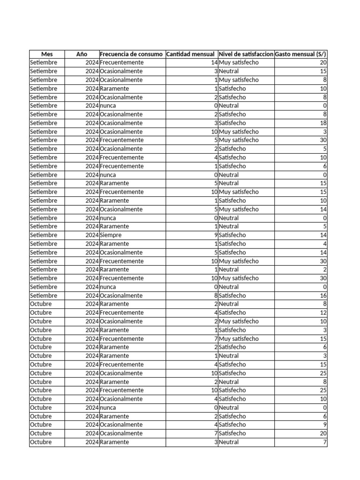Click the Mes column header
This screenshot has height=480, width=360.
tap(47, 54)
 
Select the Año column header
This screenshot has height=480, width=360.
tap(82, 54)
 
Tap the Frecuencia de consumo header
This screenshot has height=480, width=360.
tap(132, 54)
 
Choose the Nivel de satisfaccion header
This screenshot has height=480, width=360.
tap(246, 54)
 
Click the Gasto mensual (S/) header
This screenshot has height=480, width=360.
tap(300, 54)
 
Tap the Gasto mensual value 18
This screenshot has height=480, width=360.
tap(323, 123)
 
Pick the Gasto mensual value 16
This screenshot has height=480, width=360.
tap(323, 295)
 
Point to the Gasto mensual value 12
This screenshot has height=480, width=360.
tap(323, 313)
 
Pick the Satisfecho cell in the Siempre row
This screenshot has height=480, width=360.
tap(232, 235)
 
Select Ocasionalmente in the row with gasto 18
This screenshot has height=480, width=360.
tap(121, 123)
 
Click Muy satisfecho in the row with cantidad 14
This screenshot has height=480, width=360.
tap(239, 63)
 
